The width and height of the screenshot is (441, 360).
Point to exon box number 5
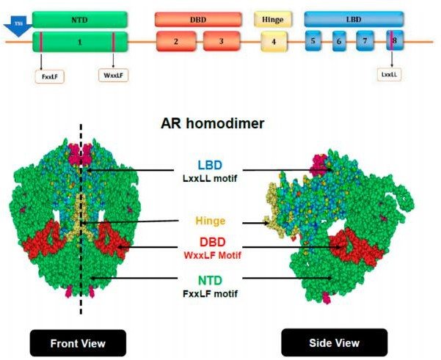coord(313,41)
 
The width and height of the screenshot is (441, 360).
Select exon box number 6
coord(339,41)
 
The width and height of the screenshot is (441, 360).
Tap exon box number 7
coord(365,41)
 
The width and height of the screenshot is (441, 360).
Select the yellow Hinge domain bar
coord(273,18)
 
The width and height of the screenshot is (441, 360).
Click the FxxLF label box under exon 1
coord(49,74)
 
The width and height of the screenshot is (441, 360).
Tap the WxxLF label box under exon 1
coord(113,74)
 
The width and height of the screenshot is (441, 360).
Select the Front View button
coord(78,342)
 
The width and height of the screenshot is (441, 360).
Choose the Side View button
coord(324,342)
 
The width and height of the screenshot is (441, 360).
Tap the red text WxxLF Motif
coord(211,256)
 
